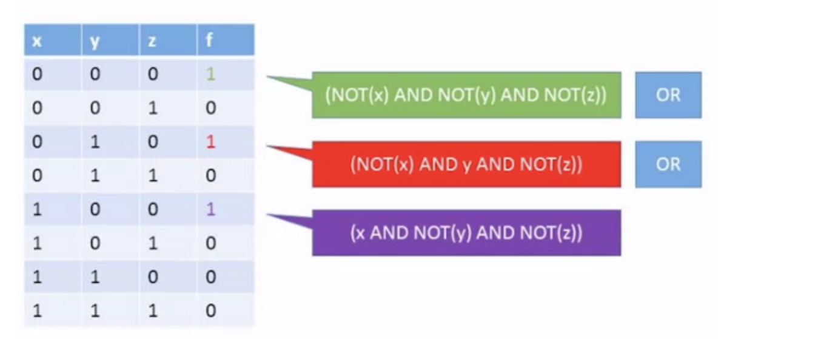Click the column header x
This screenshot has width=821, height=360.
(x=38, y=41)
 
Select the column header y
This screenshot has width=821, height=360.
(x=95, y=41)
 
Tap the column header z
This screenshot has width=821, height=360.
(x=152, y=41)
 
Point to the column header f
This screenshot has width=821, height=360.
(x=209, y=41)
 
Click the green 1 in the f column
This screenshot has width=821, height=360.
(x=210, y=75)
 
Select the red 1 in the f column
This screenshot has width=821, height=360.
(x=210, y=142)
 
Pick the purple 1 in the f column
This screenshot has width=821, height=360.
(x=210, y=210)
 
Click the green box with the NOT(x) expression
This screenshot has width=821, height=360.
(x=466, y=95)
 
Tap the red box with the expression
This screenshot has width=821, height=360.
(x=466, y=164)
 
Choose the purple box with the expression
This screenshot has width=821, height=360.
(x=466, y=233)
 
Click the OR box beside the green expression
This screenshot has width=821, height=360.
(x=668, y=95)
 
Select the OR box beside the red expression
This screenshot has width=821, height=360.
(x=668, y=164)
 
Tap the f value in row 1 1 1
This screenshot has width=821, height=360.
(x=210, y=311)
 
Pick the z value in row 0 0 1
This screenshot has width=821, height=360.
(x=152, y=108)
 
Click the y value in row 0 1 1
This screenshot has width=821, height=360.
(x=95, y=176)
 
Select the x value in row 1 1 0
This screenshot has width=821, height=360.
(x=38, y=277)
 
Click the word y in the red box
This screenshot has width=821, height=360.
(x=466, y=165)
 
